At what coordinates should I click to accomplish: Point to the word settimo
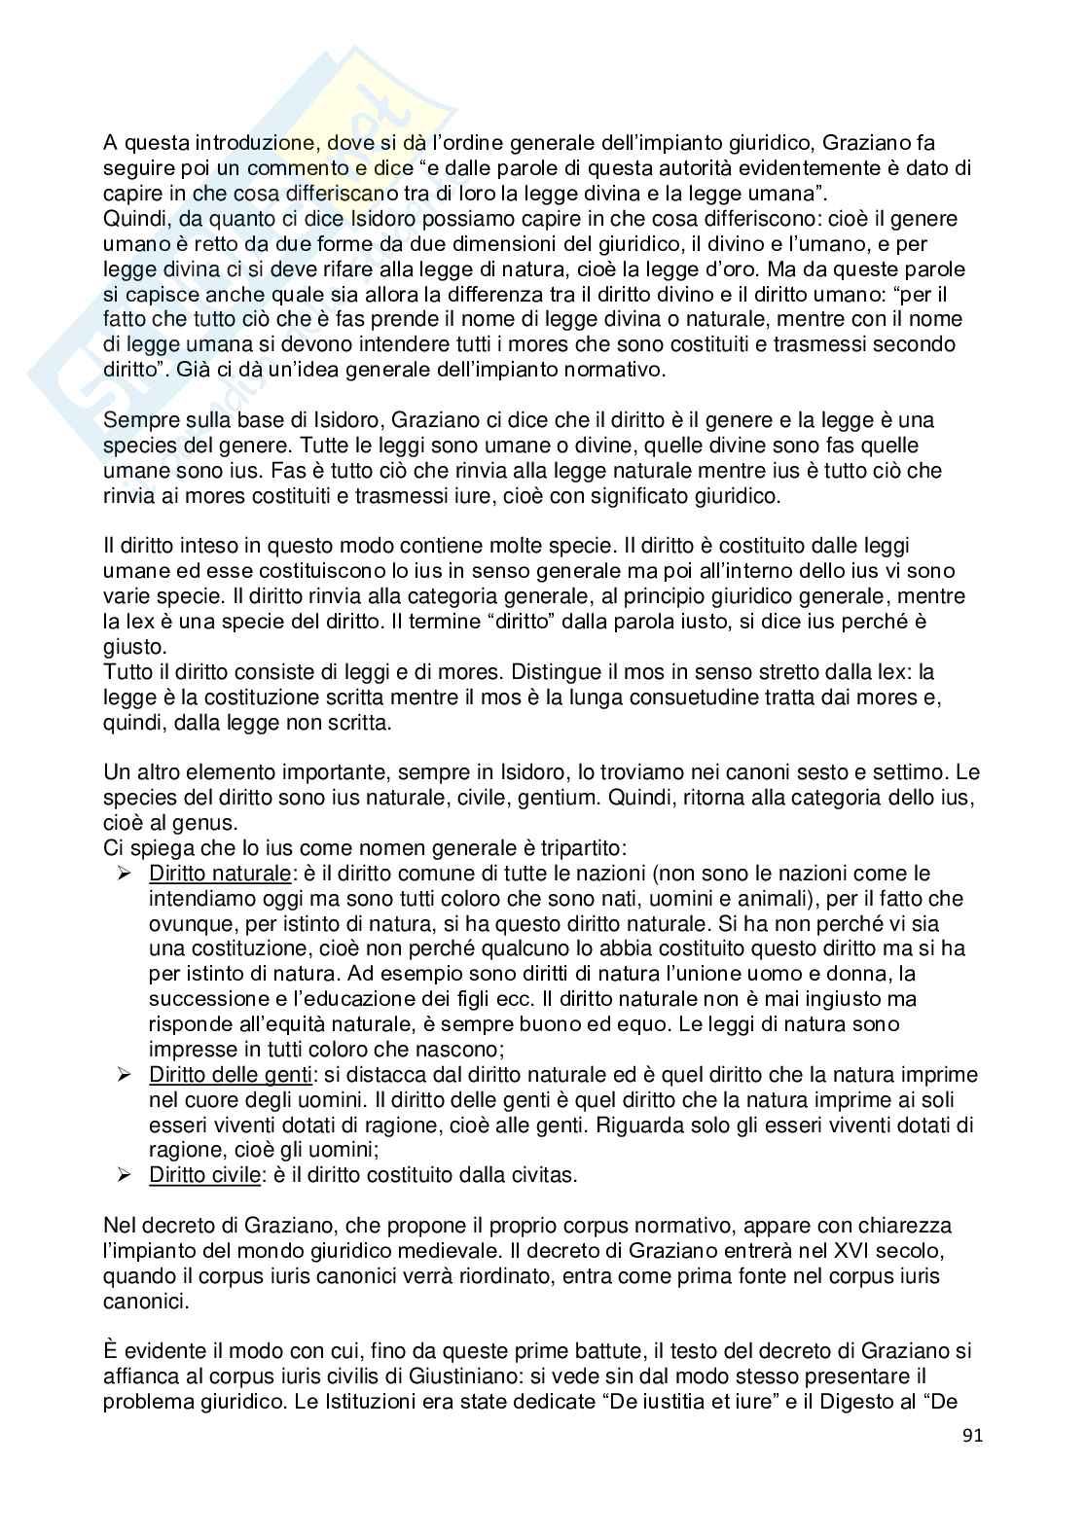tap(914, 772)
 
